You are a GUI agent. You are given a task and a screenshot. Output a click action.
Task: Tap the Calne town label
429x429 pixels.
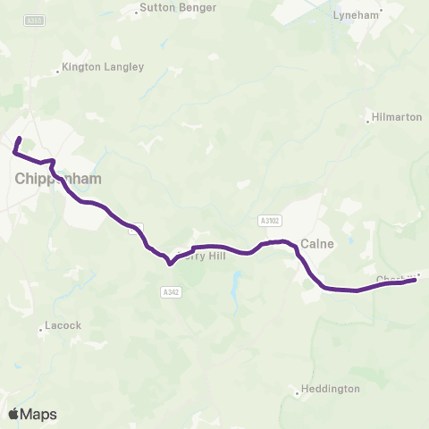pyautogui.click(x=317, y=243)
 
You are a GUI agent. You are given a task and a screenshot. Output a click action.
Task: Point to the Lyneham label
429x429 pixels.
pyautogui.click(x=357, y=15)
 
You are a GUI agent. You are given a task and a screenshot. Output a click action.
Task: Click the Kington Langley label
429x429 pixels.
pyautogui.click(x=102, y=67)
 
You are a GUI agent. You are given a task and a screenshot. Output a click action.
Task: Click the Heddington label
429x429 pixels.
pyautogui.click(x=331, y=389)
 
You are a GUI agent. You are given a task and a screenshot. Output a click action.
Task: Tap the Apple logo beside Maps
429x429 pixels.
pyautogui.click(x=14, y=414)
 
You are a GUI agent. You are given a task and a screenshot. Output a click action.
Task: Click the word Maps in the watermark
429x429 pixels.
pyautogui.click(x=39, y=414)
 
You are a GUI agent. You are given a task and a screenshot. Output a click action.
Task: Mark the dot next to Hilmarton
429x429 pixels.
pyautogui.click(x=367, y=117)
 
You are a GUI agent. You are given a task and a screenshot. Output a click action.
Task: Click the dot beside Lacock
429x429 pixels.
pyautogui.click(x=41, y=329)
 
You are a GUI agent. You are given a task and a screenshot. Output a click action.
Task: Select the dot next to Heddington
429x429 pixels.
pyautogui.click(x=298, y=391)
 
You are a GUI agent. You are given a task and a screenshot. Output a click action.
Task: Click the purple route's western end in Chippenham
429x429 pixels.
pyautogui.click(x=19, y=139)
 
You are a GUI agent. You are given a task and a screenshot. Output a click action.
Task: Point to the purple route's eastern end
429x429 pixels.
pyautogui.click(x=416, y=280)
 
